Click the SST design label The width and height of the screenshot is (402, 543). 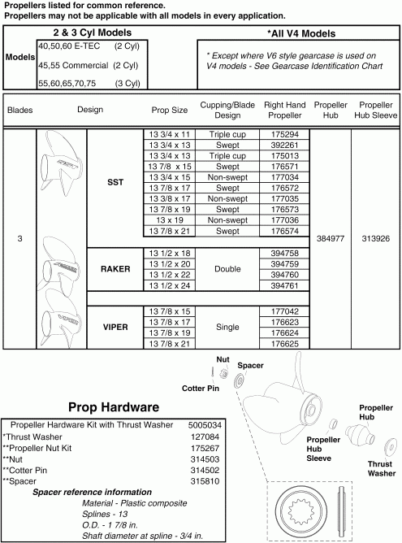[x=115, y=183]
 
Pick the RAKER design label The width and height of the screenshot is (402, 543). [x=115, y=269]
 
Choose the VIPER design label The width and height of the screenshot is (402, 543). [x=115, y=327]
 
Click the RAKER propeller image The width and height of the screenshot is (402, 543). [x=61, y=269]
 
